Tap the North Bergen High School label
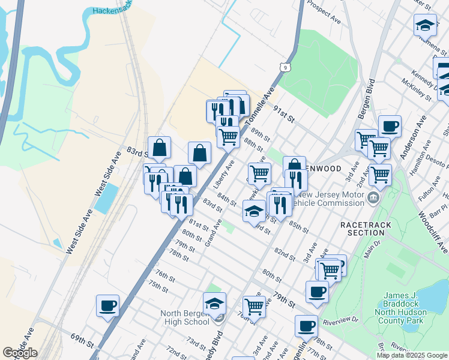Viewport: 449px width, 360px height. tap(185, 317)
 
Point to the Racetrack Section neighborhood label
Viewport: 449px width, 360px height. tap(365, 228)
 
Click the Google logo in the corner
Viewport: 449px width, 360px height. tap(19, 353)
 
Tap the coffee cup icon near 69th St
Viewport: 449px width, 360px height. tap(108, 306)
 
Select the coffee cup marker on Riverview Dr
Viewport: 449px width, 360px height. tap(306, 326)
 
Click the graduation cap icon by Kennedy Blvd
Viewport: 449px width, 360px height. tap(214, 304)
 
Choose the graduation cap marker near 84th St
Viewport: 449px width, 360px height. tap(254, 211)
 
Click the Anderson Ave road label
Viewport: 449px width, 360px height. tap(412, 137)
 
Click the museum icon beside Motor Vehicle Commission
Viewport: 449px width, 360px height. tap(373, 198)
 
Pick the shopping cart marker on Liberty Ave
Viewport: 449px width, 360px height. tap(228, 137)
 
